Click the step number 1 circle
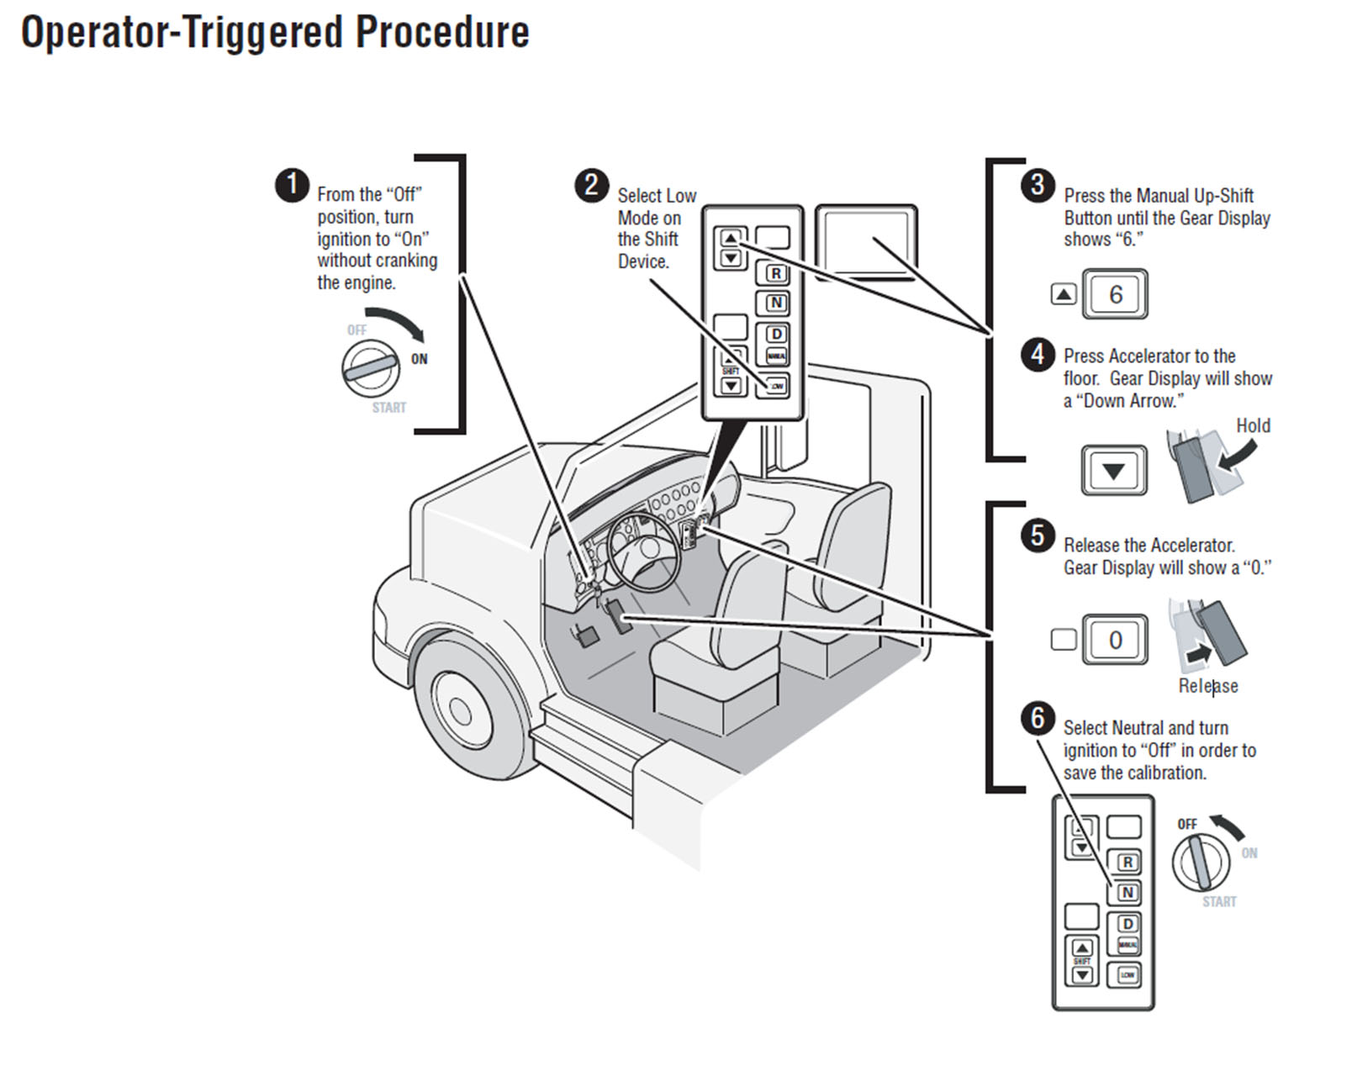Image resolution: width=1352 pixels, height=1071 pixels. click(292, 185)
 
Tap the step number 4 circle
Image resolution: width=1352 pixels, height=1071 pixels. click(1038, 355)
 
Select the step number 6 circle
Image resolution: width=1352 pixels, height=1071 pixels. click(1038, 718)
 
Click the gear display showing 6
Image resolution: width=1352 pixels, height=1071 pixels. click(1115, 294)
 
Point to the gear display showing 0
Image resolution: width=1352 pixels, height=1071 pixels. click(1115, 640)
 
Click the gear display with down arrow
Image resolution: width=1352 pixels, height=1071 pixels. click(1114, 471)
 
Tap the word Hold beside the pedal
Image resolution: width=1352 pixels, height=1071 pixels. click(1253, 425)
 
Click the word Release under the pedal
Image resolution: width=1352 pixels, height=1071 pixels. click(1208, 686)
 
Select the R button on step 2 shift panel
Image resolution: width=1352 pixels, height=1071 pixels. click(776, 273)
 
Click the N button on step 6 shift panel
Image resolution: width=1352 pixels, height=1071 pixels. click(1128, 892)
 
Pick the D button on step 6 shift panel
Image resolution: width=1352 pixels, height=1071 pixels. click(1128, 923)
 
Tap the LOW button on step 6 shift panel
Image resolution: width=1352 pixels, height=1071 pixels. click(1127, 975)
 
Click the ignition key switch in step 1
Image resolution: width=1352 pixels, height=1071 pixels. click(371, 368)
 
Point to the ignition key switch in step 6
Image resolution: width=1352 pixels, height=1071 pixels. click(1201, 863)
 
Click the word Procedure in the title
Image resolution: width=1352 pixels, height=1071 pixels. click(442, 34)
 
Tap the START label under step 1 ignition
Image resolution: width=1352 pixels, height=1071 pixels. click(388, 408)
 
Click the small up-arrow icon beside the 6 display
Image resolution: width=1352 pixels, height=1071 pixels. click(1064, 294)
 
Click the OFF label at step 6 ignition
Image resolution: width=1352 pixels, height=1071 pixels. click(1187, 824)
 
